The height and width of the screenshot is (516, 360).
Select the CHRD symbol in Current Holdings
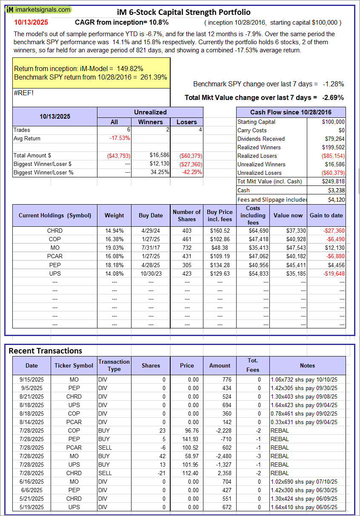click(x=55, y=231)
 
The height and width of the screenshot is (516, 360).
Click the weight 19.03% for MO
click(x=114, y=248)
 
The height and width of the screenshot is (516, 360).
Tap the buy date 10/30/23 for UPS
click(x=151, y=273)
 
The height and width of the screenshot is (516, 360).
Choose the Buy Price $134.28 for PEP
click(x=220, y=265)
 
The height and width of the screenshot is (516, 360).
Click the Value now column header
click(x=288, y=215)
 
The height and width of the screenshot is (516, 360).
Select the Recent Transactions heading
click(x=46, y=351)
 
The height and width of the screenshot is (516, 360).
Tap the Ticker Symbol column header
click(x=74, y=365)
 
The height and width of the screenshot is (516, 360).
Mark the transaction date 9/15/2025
click(x=31, y=379)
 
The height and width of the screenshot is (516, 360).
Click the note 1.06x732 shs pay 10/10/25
click(x=303, y=379)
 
